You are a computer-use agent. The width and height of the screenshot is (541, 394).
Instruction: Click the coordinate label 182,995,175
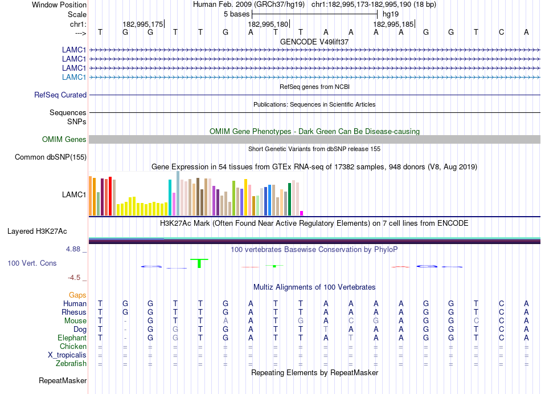coord(142,24)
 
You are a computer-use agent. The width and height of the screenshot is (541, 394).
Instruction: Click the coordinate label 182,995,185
coord(393,24)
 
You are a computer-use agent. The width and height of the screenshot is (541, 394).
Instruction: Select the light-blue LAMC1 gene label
coord(74,77)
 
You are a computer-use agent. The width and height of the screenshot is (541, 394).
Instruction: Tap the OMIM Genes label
coord(64,139)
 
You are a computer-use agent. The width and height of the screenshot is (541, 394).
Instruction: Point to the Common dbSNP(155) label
coord(51,157)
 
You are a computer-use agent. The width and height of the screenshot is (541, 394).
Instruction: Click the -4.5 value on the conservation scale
coord(75,278)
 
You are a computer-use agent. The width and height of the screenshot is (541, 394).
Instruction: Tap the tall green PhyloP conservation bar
coord(199,263)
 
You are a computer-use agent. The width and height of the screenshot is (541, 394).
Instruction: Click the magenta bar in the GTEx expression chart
coord(302,213)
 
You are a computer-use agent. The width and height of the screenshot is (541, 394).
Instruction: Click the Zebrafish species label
coord(71,363)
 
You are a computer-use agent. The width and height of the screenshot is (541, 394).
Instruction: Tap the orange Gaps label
coord(77,295)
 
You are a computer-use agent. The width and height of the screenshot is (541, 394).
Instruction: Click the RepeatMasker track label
coord(63,380)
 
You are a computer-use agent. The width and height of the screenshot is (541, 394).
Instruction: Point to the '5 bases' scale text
coord(236,14)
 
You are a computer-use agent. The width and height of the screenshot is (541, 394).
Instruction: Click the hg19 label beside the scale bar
coord(391,14)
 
